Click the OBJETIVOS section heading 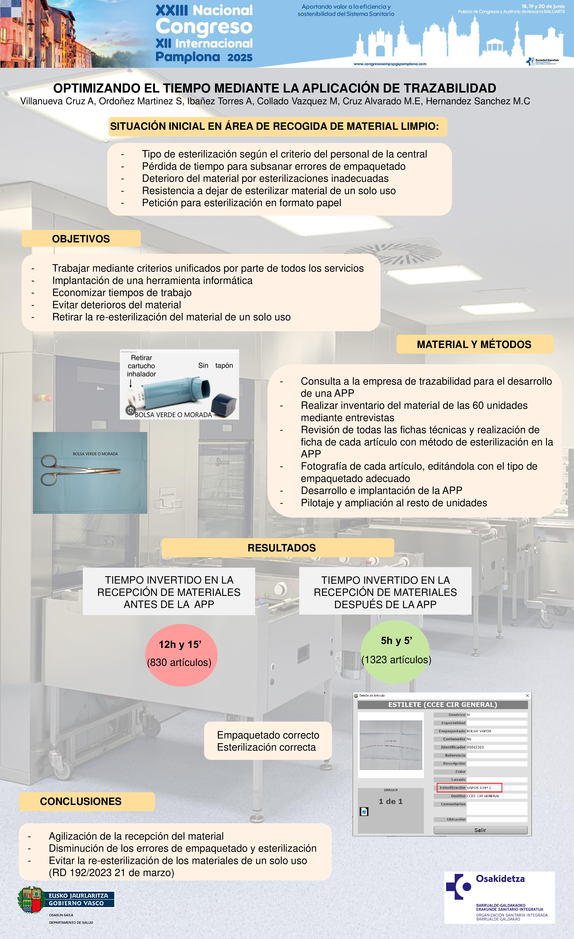coord(81,239)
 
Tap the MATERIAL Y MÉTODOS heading coord(474,345)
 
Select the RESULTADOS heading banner coord(282,548)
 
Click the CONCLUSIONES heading coord(81,801)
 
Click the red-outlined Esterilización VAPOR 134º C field coord(469,788)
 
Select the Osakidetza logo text coord(500,879)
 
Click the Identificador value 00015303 coord(475,747)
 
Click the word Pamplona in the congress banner coord(188,57)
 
